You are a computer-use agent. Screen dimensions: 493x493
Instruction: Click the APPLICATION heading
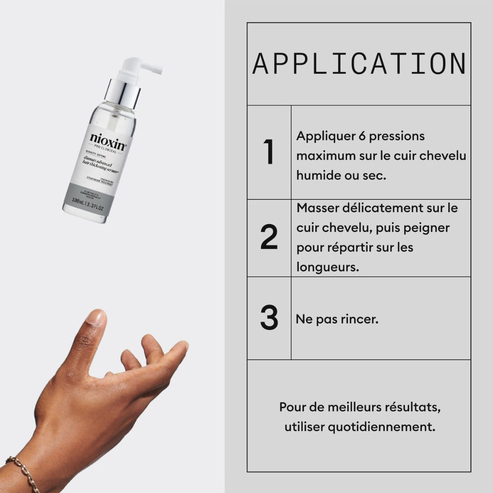click(x=359, y=64)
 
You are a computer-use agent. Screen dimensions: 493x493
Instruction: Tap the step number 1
click(x=269, y=152)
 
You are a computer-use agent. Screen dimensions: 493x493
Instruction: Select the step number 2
click(x=269, y=237)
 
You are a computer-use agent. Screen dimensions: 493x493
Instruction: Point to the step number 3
click(x=269, y=318)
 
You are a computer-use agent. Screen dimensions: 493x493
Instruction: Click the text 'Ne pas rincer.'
click(x=337, y=319)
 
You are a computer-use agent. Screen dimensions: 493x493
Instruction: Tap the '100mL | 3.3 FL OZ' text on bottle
click(x=88, y=202)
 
